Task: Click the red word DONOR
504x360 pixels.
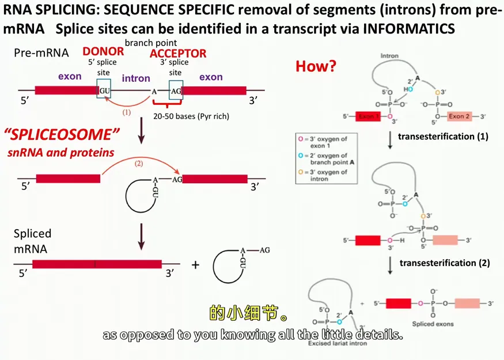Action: tap(103, 52)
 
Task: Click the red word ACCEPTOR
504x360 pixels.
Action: tap(177, 54)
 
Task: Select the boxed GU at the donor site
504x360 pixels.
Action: tap(104, 90)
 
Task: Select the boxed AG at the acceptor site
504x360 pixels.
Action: tap(176, 90)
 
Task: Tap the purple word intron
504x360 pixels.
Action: tap(136, 78)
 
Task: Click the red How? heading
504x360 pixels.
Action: tap(316, 66)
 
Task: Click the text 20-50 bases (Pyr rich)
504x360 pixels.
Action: tap(191, 116)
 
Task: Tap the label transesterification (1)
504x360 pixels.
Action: tap(443, 137)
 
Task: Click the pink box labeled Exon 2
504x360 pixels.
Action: tap(460, 116)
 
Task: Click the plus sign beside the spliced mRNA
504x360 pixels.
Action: tap(195, 265)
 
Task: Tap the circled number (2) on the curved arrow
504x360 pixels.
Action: tap(138, 163)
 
